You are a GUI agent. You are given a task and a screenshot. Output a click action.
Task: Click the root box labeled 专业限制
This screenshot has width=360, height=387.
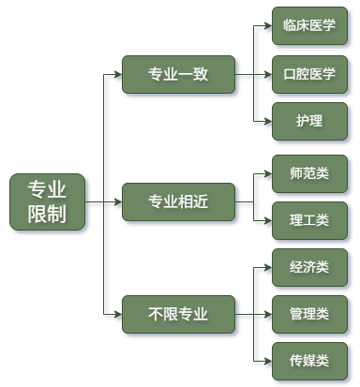[x=47, y=201]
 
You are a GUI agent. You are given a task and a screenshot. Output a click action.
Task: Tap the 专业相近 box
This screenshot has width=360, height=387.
[x=178, y=201]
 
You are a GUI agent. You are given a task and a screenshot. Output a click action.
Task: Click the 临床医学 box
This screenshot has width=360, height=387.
[x=309, y=27]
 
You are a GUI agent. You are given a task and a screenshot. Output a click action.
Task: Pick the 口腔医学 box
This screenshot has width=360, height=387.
[x=309, y=75]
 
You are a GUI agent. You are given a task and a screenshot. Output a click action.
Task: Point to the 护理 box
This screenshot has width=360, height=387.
[x=309, y=123]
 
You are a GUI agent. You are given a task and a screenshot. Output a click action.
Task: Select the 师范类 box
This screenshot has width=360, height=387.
[x=309, y=174]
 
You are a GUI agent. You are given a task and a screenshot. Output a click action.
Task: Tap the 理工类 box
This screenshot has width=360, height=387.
[x=309, y=221]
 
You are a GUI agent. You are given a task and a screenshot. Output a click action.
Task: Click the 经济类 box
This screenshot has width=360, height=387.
[x=309, y=267]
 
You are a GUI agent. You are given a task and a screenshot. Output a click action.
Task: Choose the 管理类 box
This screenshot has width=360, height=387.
[x=309, y=314]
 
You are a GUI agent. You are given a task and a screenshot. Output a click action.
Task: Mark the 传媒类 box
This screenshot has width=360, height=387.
[x=309, y=361]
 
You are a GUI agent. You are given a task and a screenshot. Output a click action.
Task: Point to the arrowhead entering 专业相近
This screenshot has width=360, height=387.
[x=117, y=201]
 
